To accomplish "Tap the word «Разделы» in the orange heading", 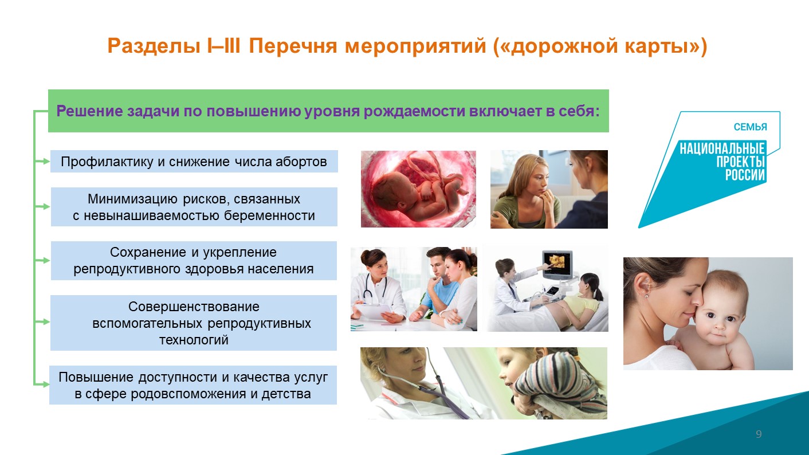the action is tap(154, 47).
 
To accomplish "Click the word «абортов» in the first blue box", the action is tap(301, 162).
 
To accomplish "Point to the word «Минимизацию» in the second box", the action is tap(132, 199).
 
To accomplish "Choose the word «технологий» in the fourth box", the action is tap(194, 340).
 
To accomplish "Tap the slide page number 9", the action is tap(759, 434).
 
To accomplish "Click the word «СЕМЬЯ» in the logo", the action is tap(750, 127).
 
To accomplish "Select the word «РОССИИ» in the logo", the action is tap(745, 175).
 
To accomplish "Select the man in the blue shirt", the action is tap(435, 285).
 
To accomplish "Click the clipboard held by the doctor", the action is tap(373, 311).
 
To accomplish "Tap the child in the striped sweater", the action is tap(549, 383).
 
